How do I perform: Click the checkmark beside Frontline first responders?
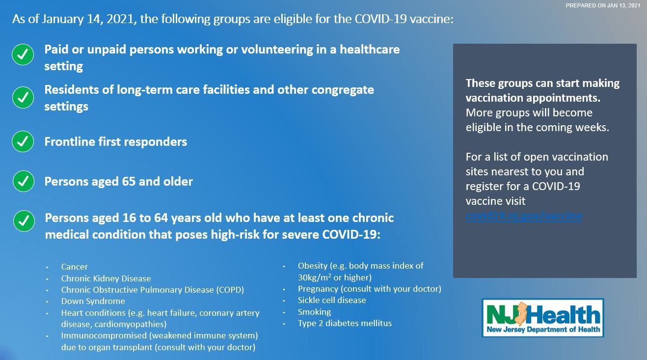[x=23, y=141]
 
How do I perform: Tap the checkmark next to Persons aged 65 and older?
[x=23, y=181]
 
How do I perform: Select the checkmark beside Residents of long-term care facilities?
[x=23, y=97]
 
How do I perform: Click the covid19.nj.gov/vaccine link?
[x=524, y=216]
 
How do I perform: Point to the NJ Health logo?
[x=543, y=318]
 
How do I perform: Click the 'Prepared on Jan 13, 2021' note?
[x=602, y=5]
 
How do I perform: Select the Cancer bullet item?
[x=75, y=267]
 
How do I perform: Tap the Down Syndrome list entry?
[x=93, y=301]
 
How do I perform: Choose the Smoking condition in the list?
[x=314, y=312]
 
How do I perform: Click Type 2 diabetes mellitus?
[x=345, y=323]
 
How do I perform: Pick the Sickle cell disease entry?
[x=332, y=300]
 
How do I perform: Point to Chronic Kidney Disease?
[x=106, y=278]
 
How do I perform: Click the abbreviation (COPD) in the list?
[x=230, y=290]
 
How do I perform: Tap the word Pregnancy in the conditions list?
[x=318, y=289]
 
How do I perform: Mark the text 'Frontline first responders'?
[x=116, y=142]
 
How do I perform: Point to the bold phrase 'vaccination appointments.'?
[x=533, y=98]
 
